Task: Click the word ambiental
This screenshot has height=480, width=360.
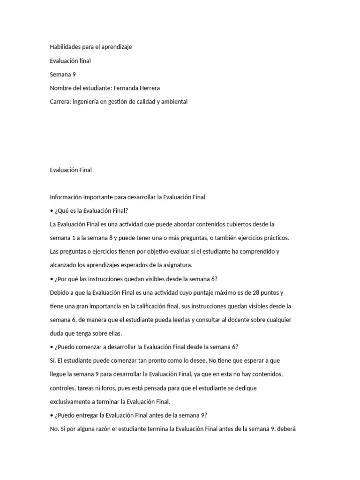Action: [173, 101]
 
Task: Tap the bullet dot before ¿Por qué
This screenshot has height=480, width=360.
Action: [52, 279]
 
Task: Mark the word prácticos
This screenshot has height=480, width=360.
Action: [274, 238]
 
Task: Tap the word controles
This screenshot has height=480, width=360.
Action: [64, 388]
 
